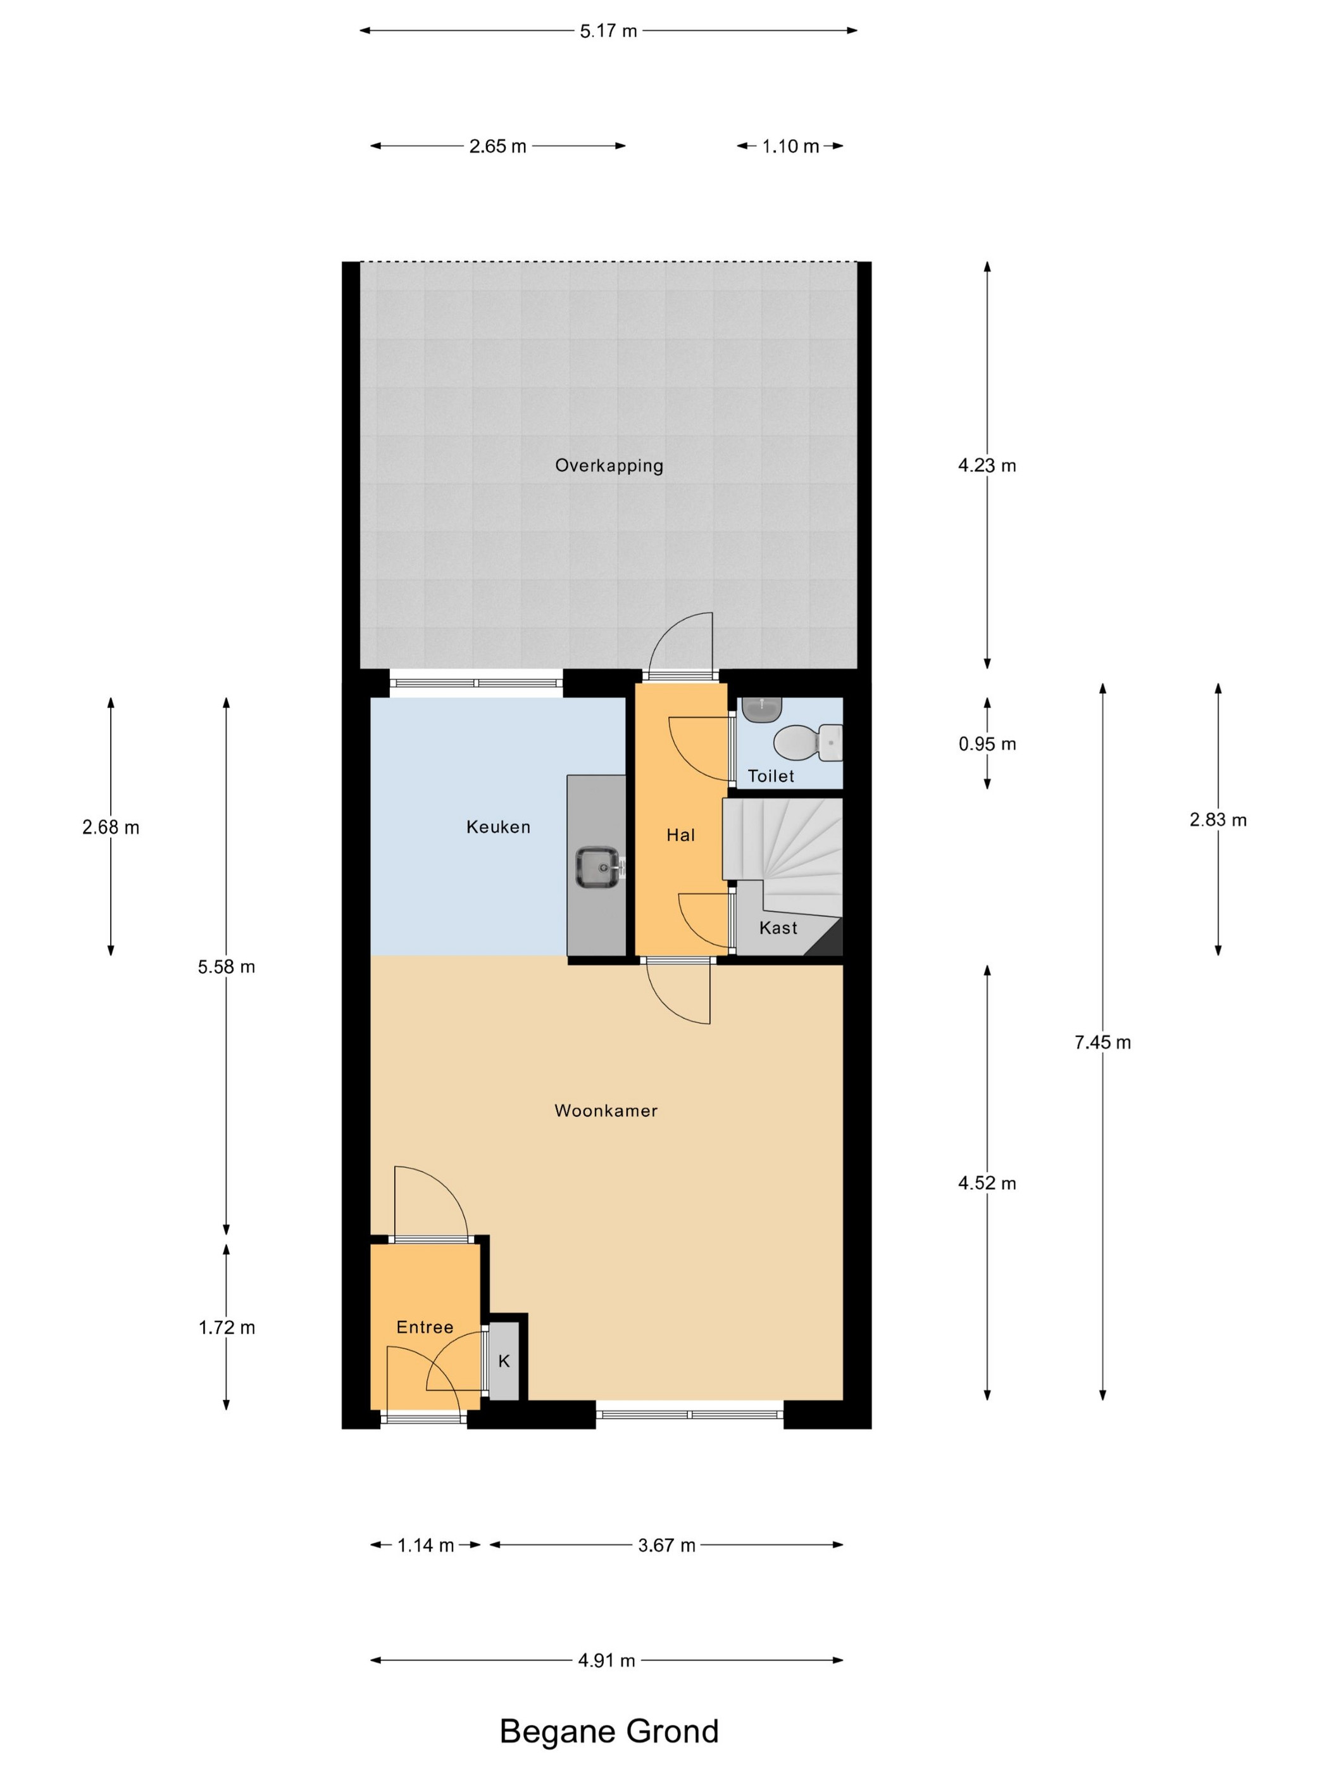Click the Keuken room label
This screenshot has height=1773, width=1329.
coord(498,826)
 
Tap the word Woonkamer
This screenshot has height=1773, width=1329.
coord(606,1110)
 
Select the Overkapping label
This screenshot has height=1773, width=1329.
coord(609,465)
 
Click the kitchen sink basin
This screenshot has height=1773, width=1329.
coord(597,866)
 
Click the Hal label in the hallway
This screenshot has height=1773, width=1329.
coord(680,835)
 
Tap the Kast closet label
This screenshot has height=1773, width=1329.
coord(778,928)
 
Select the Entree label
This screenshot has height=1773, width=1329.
coord(425,1327)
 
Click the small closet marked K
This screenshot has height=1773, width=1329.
coord(504,1360)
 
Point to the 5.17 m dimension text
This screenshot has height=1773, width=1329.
coord(609,31)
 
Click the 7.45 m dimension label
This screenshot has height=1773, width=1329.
coord(1102,1042)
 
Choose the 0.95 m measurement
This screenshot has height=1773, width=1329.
coord(987,744)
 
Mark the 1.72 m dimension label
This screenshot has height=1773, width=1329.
coord(227,1327)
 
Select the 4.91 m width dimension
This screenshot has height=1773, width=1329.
coord(606,1660)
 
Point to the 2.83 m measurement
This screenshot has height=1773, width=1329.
coord(1218,819)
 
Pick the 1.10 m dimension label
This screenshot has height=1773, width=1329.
coord(790,146)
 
